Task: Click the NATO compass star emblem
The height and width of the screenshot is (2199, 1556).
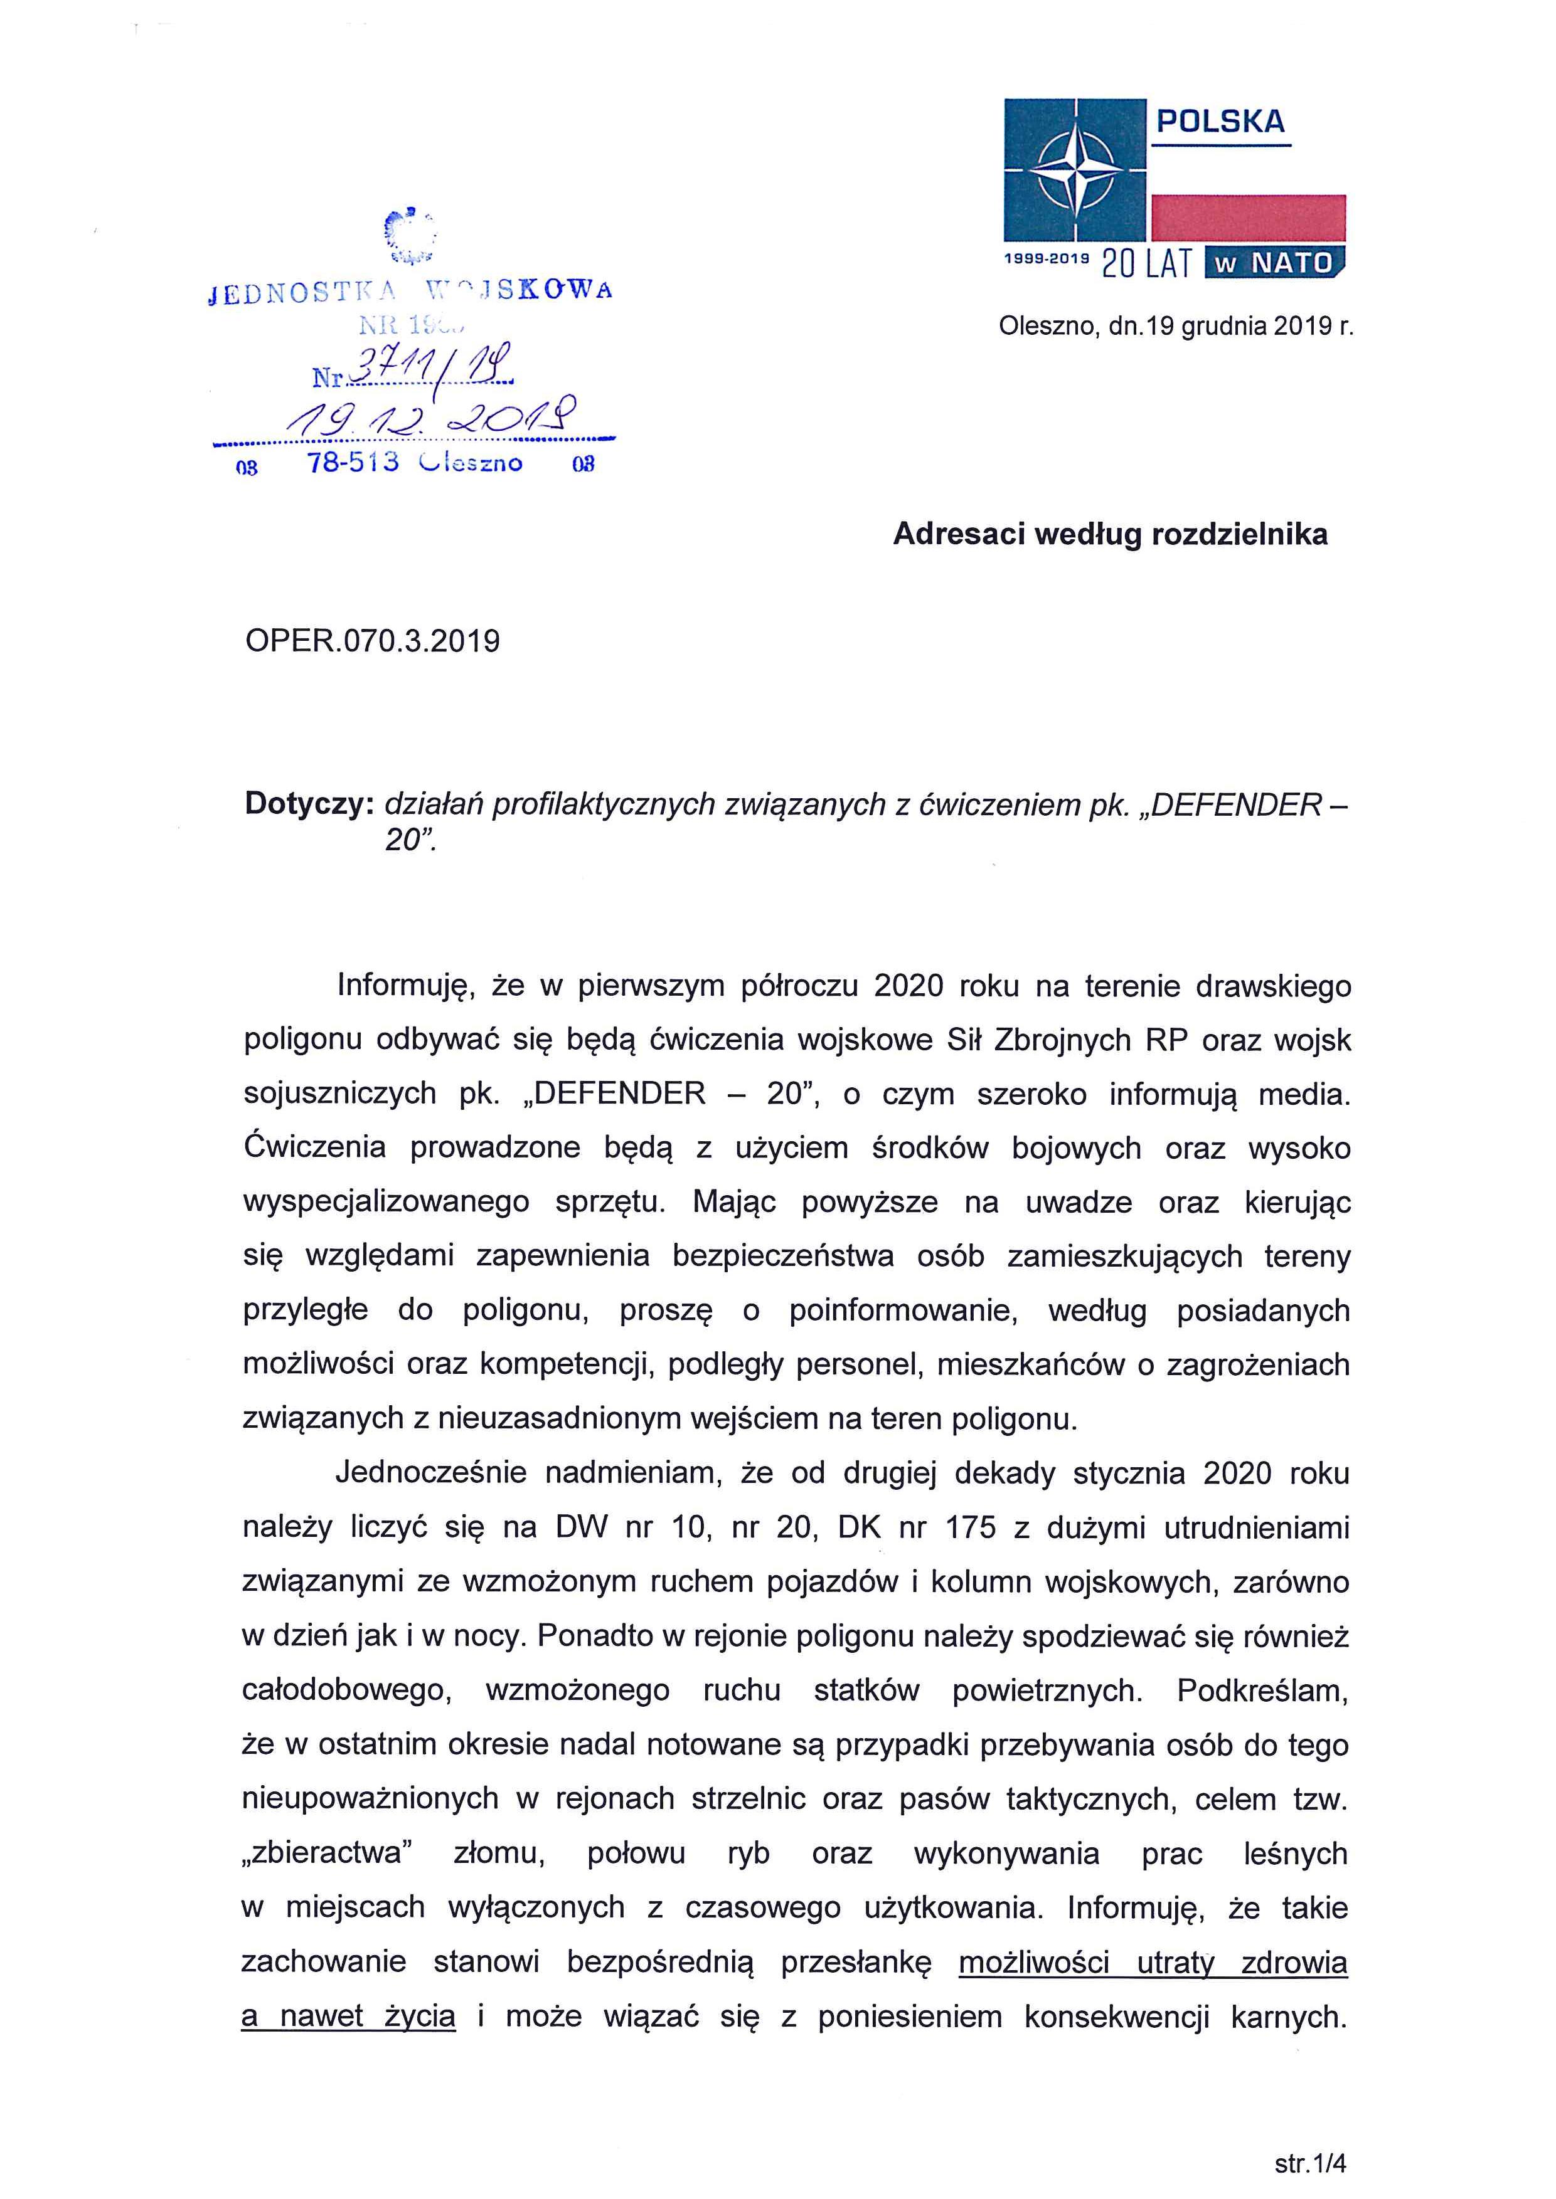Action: [1075, 169]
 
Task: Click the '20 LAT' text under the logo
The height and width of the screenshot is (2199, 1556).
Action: [1146, 263]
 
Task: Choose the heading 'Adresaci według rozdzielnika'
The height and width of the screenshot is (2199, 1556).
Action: [1109, 534]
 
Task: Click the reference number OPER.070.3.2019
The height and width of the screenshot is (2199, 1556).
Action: [373, 641]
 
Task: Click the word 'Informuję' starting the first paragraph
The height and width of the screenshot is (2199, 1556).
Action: [402, 986]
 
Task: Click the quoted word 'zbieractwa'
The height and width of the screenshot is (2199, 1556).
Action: [327, 1854]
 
